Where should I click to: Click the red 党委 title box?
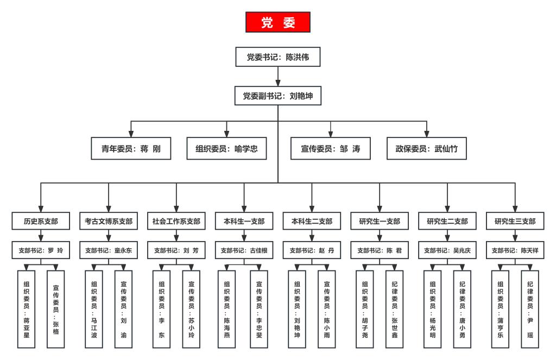click(x=278, y=22)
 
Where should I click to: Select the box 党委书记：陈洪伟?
click(x=278, y=57)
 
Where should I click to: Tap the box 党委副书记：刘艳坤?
click(x=278, y=96)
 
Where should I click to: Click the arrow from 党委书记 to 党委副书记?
click(x=278, y=76)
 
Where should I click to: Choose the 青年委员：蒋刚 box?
click(x=131, y=149)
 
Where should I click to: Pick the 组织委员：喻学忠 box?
click(x=226, y=149)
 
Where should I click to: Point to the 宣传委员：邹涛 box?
click(x=331, y=149)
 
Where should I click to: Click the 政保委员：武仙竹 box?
click(x=427, y=149)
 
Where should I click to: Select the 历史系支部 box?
click(x=41, y=221)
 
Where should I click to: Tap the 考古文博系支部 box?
click(x=109, y=221)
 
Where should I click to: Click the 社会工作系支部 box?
click(x=176, y=221)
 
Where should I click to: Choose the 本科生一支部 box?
click(x=244, y=221)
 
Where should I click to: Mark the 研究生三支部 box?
click(x=515, y=221)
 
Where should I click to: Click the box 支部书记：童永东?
click(x=109, y=250)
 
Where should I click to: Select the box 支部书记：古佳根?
click(x=244, y=250)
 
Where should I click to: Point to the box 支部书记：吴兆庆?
click(x=447, y=250)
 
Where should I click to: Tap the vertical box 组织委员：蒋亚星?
click(x=26, y=310)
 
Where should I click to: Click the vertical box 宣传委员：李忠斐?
click(x=259, y=310)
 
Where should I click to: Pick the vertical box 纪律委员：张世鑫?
click(x=394, y=310)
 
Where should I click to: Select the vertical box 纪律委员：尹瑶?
click(x=530, y=310)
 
